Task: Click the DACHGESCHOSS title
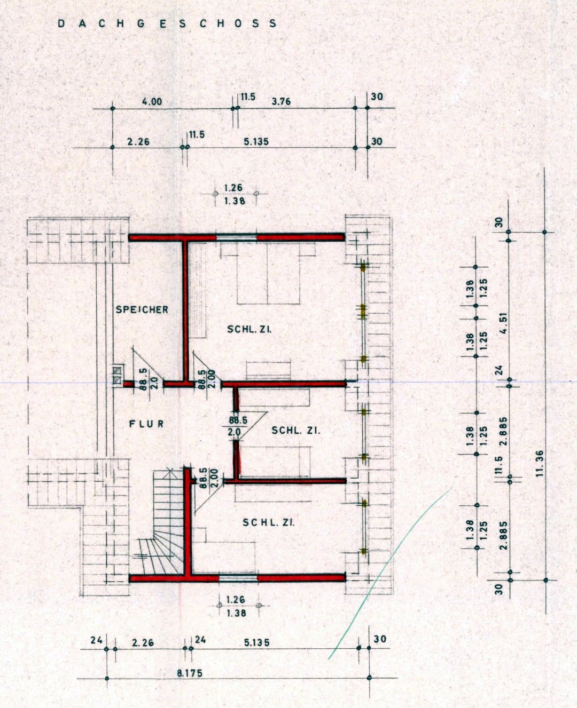tap(167, 23)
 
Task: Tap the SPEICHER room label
tap(142, 310)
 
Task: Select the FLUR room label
tap(147, 424)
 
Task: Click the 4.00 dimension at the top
tap(152, 101)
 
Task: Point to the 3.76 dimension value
tap(281, 101)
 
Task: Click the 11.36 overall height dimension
tap(540, 464)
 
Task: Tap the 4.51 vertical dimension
tap(505, 324)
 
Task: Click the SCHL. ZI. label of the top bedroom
tap(249, 329)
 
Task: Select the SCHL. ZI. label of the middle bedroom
tap(296, 431)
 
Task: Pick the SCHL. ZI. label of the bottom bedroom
tap(269, 523)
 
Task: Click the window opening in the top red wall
tap(237, 237)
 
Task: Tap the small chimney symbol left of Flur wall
tap(117, 375)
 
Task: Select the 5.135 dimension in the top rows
tap(256, 142)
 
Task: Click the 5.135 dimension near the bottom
tap(256, 642)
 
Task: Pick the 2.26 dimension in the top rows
tap(138, 142)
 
